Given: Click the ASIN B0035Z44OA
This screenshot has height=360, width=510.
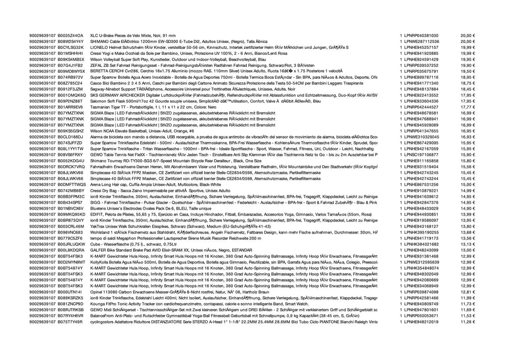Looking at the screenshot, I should (x=70, y=36).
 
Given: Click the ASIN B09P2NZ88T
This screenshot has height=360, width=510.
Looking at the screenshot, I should (x=71, y=101).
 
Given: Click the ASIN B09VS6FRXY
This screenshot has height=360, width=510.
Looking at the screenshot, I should (x=71, y=154).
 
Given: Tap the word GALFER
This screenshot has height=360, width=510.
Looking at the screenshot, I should (x=98, y=250).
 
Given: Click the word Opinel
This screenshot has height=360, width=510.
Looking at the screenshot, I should (x=96, y=292).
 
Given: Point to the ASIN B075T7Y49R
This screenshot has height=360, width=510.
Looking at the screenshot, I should (x=71, y=322).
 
